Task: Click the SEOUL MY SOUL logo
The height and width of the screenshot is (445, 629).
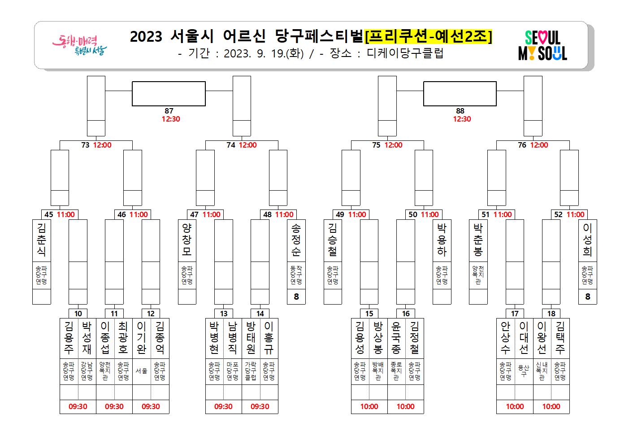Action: pos(542,45)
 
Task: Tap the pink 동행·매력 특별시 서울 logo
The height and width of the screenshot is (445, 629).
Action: pos(79,45)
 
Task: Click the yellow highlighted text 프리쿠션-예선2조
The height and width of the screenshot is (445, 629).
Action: pos(428,36)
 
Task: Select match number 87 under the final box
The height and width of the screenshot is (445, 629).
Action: pos(169,111)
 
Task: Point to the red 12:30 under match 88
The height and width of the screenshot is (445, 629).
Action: pos(462,119)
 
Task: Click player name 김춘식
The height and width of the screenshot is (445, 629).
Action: pos(42,240)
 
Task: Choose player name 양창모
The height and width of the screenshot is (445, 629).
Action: pos(187,240)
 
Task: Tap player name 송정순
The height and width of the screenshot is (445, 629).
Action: pos(296,240)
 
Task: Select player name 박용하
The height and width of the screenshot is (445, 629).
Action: pos(442,240)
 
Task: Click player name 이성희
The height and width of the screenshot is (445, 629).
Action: pos(587,240)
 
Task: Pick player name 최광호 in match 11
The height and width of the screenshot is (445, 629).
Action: pos(123,338)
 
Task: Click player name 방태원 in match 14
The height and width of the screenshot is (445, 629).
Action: pos(251,338)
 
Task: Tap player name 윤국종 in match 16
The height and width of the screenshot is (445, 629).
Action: pos(396,338)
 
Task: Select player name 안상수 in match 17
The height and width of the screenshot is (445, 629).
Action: pos(505,338)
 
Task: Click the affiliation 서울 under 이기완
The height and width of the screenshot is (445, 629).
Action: pos(142,371)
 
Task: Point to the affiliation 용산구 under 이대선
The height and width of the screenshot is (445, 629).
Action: pos(524,371)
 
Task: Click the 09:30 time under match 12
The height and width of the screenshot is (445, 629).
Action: pos(151,406)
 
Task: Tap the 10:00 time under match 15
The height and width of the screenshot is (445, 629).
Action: pos(369,406)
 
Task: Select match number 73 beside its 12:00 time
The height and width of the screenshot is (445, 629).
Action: pos(85,145)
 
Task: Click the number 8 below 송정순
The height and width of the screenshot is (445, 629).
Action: pos(296,297)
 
